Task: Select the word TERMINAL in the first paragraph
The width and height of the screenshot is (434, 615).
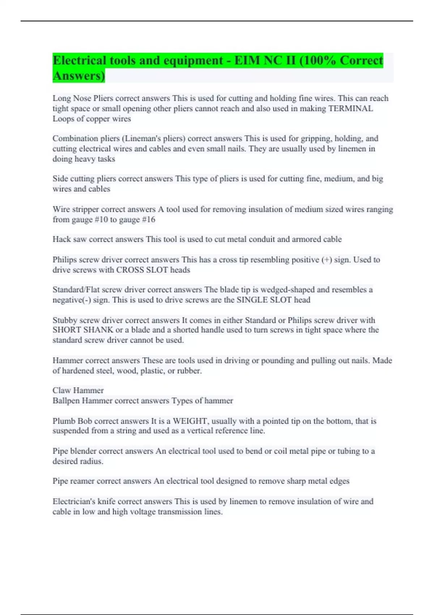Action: tap(350, 109)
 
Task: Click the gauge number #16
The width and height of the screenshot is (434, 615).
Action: tap(148, 220)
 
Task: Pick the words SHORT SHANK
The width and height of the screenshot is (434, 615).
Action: tap(83, 330)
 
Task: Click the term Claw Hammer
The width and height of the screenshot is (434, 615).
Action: tap(78, 390)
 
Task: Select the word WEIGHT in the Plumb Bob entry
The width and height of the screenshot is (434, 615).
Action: tap(190, 421)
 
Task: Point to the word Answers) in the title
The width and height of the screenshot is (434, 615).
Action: tap(79, 76)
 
